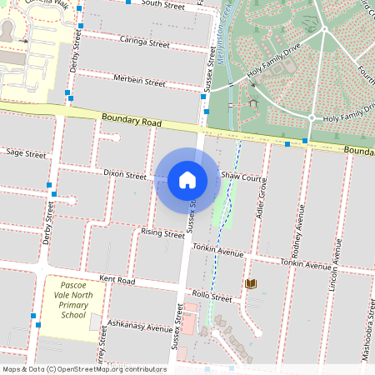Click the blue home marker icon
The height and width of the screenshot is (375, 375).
coord(187,179)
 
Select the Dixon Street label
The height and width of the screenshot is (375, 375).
coord(125,174)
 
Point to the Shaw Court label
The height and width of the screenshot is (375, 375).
coord(243,177)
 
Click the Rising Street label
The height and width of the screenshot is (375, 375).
coord(162,234)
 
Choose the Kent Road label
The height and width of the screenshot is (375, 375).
coord(117,280)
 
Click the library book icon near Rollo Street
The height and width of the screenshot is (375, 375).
coord(251,284)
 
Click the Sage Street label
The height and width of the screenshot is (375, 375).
coord(26,153)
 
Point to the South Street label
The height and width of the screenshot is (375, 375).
coord(162,5)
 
